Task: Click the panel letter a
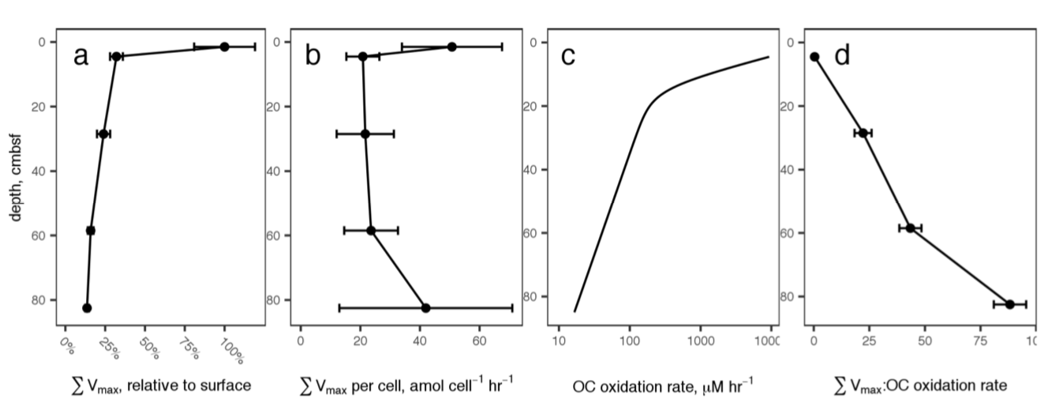tap(81, 56)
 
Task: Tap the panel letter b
tap(313, 56)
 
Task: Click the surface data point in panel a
tap(224, 47)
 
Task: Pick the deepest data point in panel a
tap(87, 307)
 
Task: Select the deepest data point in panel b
tap(426, 307)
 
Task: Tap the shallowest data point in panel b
tap(451, 47)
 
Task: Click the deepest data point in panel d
tap(1009, 303)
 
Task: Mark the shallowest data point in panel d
tap(814, 57)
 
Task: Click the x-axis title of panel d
tap(920, 386)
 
